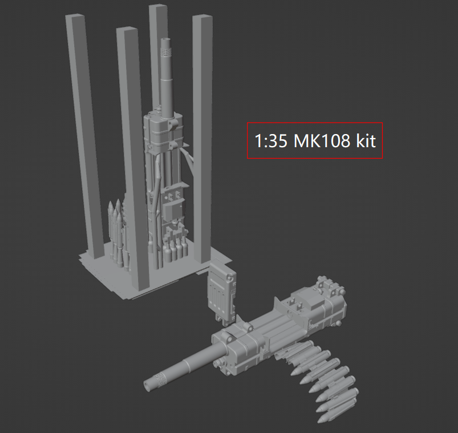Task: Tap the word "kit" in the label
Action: [366, 141]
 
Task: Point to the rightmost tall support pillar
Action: [202, 137]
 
